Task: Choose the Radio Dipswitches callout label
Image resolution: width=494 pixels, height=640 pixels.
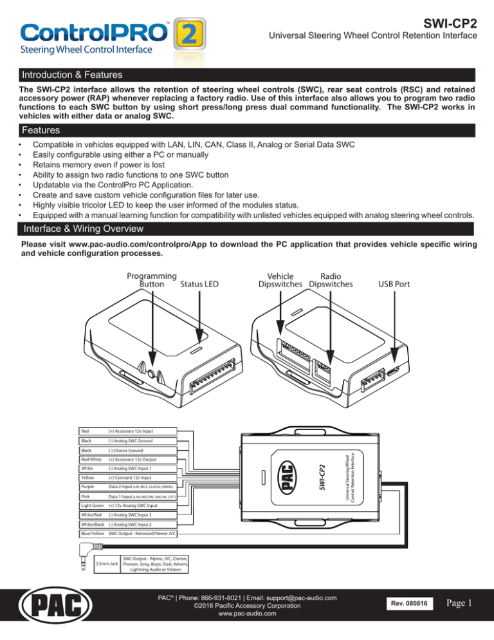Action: point(330,278)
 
